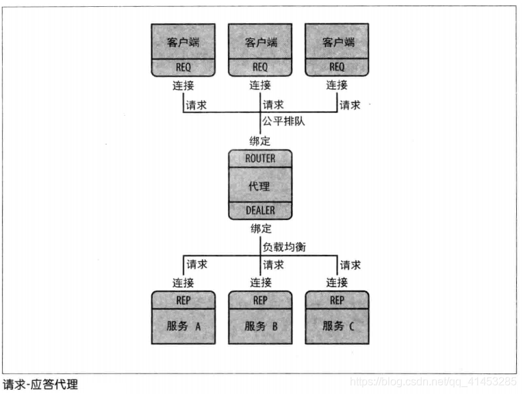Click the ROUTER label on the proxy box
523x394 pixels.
(x=260, y=158)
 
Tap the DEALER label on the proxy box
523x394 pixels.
(x=260, y=210)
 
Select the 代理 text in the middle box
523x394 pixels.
(x=260, y=184)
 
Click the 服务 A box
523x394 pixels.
(x=183, y=326)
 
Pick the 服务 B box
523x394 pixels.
(x=260, y=326)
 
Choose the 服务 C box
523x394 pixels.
(x=337, y=326)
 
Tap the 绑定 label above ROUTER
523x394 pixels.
(x=260, y=142)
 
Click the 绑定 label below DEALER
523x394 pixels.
(x=260, y=228)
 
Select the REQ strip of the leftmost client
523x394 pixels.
(x=183, y=67)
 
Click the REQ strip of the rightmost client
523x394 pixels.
(x=337, y=67)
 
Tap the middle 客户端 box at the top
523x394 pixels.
(x=260, y=42)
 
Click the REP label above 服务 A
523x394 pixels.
(x=183, y=300)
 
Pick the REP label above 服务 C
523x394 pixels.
(x=337, y=300)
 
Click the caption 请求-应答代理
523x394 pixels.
(x=40, y=384)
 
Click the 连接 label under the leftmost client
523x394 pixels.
(x=183, y=86)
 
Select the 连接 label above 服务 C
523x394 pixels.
(x=337, y=282)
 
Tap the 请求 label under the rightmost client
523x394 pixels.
(x=350, y=105)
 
